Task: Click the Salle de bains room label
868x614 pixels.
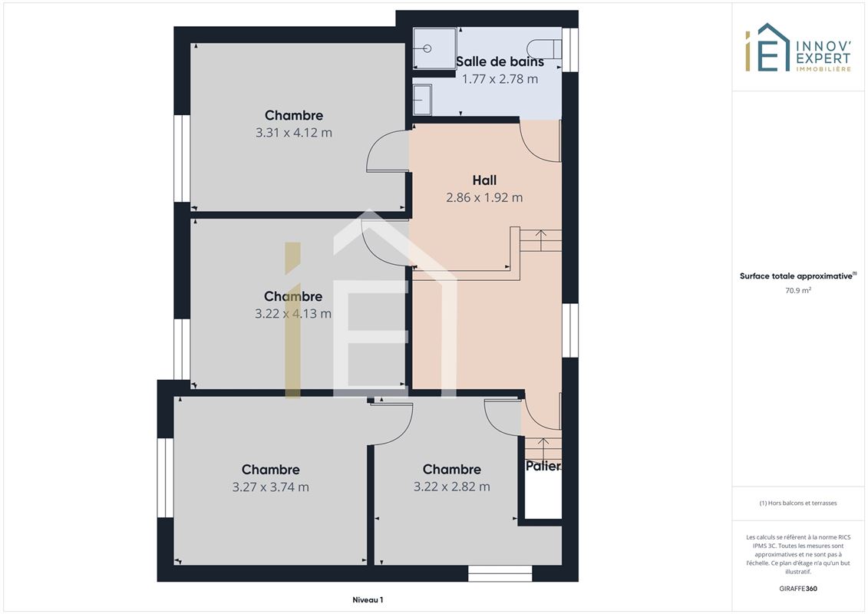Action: coord(500,61)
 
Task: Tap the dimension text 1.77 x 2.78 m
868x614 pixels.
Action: coord(500,79)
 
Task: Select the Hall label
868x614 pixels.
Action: coord(484,180)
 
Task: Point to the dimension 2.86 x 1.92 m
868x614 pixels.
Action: coord(484,198)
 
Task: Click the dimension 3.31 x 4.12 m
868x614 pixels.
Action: coord(294,133)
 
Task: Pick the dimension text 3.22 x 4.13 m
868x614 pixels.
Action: coord(293,314)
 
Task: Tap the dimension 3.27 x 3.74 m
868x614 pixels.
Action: coord(271,487)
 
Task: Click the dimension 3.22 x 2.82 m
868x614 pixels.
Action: coord(452,487)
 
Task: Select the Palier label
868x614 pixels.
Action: coord(543,466)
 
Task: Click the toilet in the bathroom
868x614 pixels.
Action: coord(544,48)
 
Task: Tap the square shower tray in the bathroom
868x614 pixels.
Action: coord(434,48)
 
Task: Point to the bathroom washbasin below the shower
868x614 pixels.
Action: coord(422,100)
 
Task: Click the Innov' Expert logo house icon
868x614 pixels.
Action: coord(767,48)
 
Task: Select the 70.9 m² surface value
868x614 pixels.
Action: coord(798,290)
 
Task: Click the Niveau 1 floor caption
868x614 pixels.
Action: coord(368,599)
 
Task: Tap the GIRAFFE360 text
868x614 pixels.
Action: coord(798,589)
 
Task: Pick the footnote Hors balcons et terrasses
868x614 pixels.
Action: coord(798,503)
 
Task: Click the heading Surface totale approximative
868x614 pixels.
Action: coord(797,276)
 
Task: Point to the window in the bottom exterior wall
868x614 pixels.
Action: coord(500,573)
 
